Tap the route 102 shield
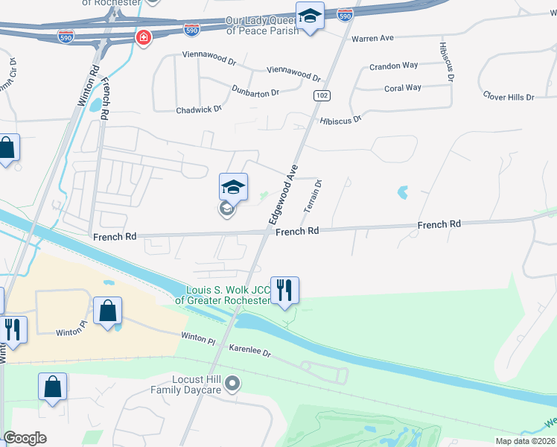[x=322, y=95]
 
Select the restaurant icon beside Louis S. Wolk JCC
[x=284, y=290]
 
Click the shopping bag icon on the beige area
[x=108, y=311]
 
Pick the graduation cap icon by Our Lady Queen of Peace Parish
[x=309, y=16]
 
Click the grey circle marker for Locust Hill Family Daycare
[x=233, y=384]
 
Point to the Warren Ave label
[x=372, y=38]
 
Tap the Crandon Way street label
[x=394, y=66]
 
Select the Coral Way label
[x=403, y=88]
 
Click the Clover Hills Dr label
[x=509, y=97]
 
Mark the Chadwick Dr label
[x=199, y=110]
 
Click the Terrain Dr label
[x=312, y=195]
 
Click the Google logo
[x=25, y=438]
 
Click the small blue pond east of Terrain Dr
[x=403, y=192]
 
